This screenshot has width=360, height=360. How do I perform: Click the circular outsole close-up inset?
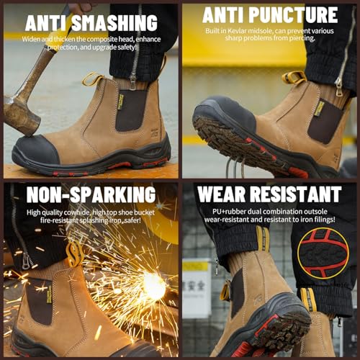(323, 252)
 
